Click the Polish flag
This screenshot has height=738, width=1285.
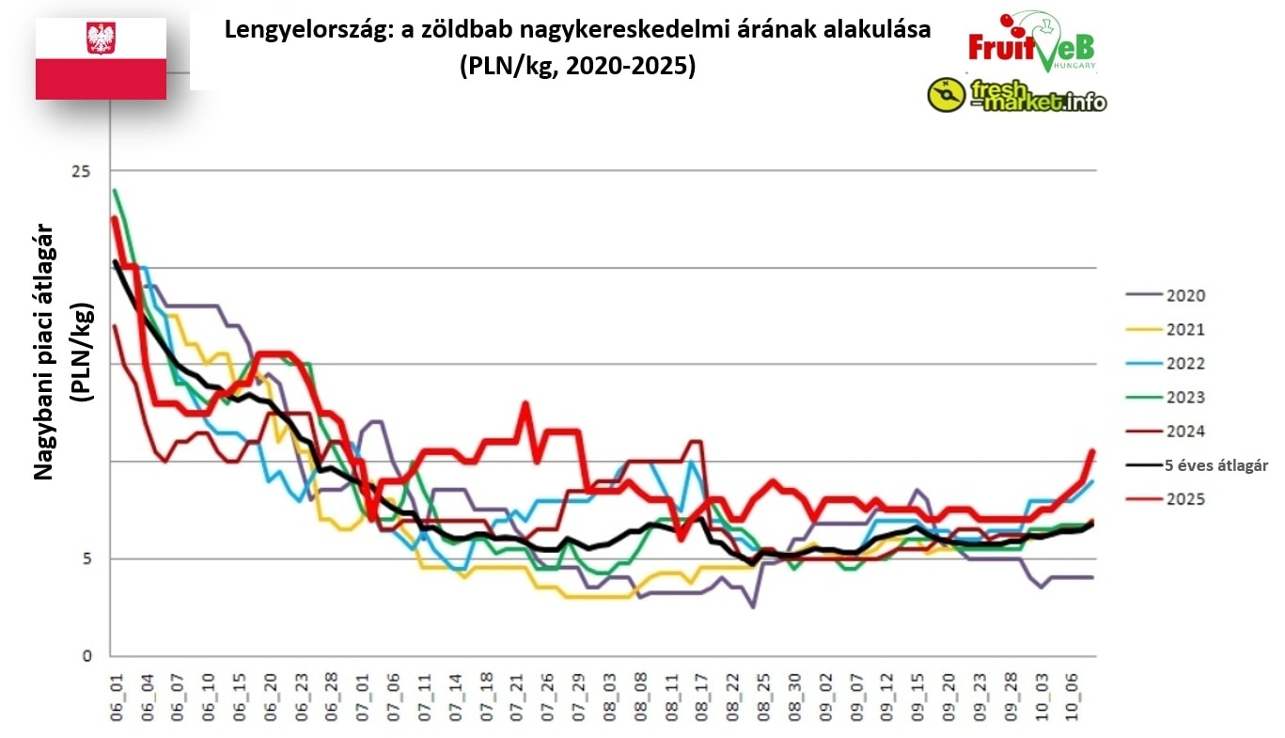click(x=101, y=58)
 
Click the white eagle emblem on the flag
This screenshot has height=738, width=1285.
click(x=101, y=39)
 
